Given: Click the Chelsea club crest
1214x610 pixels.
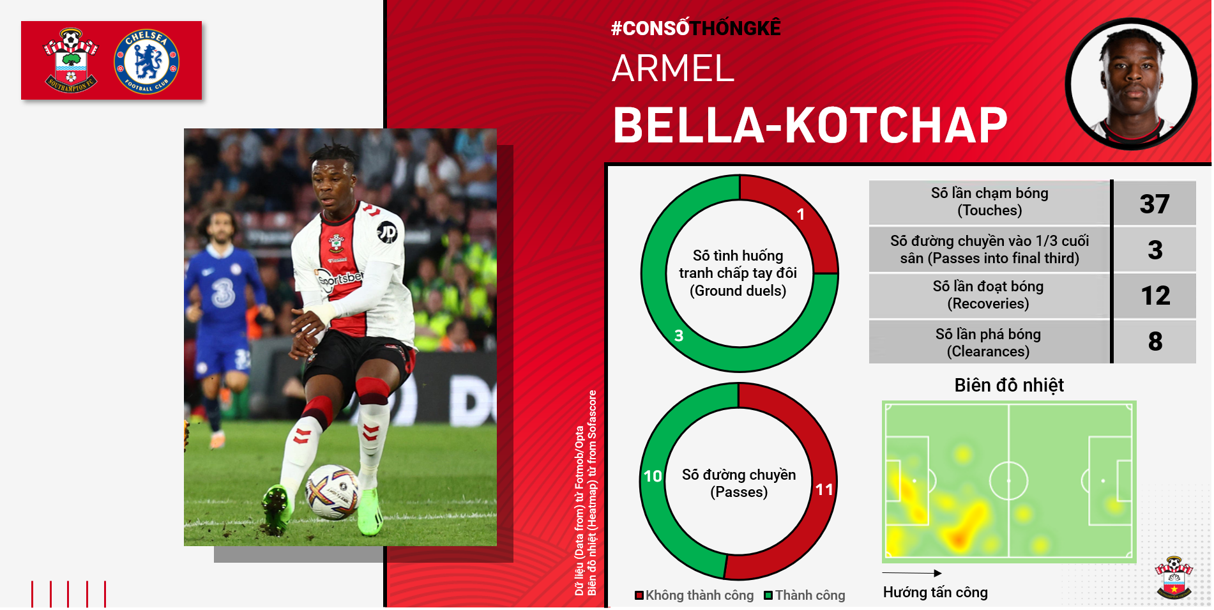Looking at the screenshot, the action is point(146,61).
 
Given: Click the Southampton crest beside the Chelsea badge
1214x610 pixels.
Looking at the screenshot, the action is point(71,60).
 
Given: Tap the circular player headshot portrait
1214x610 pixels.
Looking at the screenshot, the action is point(1131,84).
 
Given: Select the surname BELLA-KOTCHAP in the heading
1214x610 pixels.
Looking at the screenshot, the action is point(810,125).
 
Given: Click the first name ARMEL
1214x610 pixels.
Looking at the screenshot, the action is point(673,68).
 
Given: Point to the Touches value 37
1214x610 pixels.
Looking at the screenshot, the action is point(1155,204).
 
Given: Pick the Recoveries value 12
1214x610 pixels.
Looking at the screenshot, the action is point(1155,295).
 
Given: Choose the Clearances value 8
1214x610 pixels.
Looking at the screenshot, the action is point(1155,341).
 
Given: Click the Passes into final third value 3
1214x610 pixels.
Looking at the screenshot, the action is point(1155,250).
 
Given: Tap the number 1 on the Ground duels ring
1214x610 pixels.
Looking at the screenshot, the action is point(800,215).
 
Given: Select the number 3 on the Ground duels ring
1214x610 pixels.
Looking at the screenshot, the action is point(679,335).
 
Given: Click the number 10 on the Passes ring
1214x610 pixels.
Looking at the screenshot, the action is point(653,476).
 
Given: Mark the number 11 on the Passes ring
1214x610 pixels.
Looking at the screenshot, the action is point(824,490).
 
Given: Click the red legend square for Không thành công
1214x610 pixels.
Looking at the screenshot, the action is point(639,595).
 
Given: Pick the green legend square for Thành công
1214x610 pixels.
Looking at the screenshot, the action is point(769,595).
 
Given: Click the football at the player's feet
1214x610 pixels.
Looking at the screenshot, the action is point(333,491).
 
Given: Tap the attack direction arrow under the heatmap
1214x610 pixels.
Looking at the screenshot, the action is point(912,573).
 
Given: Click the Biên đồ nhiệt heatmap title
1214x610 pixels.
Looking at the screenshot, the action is point(1009,385).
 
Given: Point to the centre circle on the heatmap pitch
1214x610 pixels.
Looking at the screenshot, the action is point(1009,480).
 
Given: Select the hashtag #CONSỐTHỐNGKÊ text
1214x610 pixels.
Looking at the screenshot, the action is point(696,28).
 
